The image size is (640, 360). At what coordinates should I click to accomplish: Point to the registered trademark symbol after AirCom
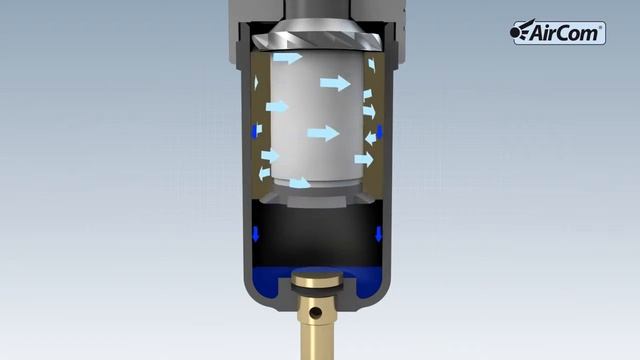point(601,26)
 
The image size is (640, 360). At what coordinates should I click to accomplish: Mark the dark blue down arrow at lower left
point(255,234)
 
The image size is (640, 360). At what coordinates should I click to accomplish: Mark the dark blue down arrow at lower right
point(379,234)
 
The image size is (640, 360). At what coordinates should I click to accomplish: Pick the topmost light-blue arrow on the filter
point(287,58)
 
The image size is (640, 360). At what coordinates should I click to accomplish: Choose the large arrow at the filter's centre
point(324,132)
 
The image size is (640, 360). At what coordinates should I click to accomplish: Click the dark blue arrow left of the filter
point(257,130)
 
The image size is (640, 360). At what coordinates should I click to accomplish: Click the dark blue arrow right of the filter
point(380,130)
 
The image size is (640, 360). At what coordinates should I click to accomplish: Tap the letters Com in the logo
point(582,33)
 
